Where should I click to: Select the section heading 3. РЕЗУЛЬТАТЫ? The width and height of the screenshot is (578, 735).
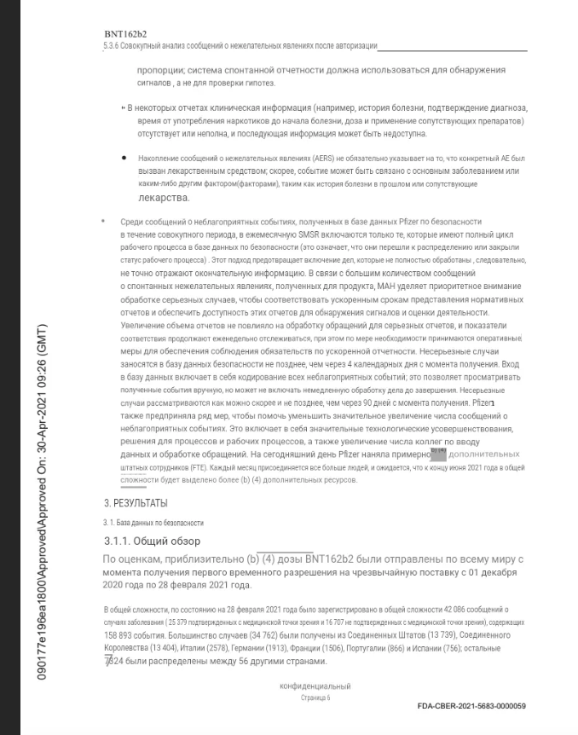tap(136, 502)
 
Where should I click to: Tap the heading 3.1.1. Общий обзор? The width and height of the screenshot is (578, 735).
tap(151, 541)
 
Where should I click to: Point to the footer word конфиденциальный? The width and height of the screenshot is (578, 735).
tap(315, 686)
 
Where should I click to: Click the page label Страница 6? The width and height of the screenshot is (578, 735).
tap(315, 697)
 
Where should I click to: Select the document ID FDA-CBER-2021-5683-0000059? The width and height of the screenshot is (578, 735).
tap(471, 706)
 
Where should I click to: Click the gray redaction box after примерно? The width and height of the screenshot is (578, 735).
tap(438, 454)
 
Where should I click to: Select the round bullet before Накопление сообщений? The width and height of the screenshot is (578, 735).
tap(124, 159)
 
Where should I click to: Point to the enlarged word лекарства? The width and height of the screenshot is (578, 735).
tap(163, 197)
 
